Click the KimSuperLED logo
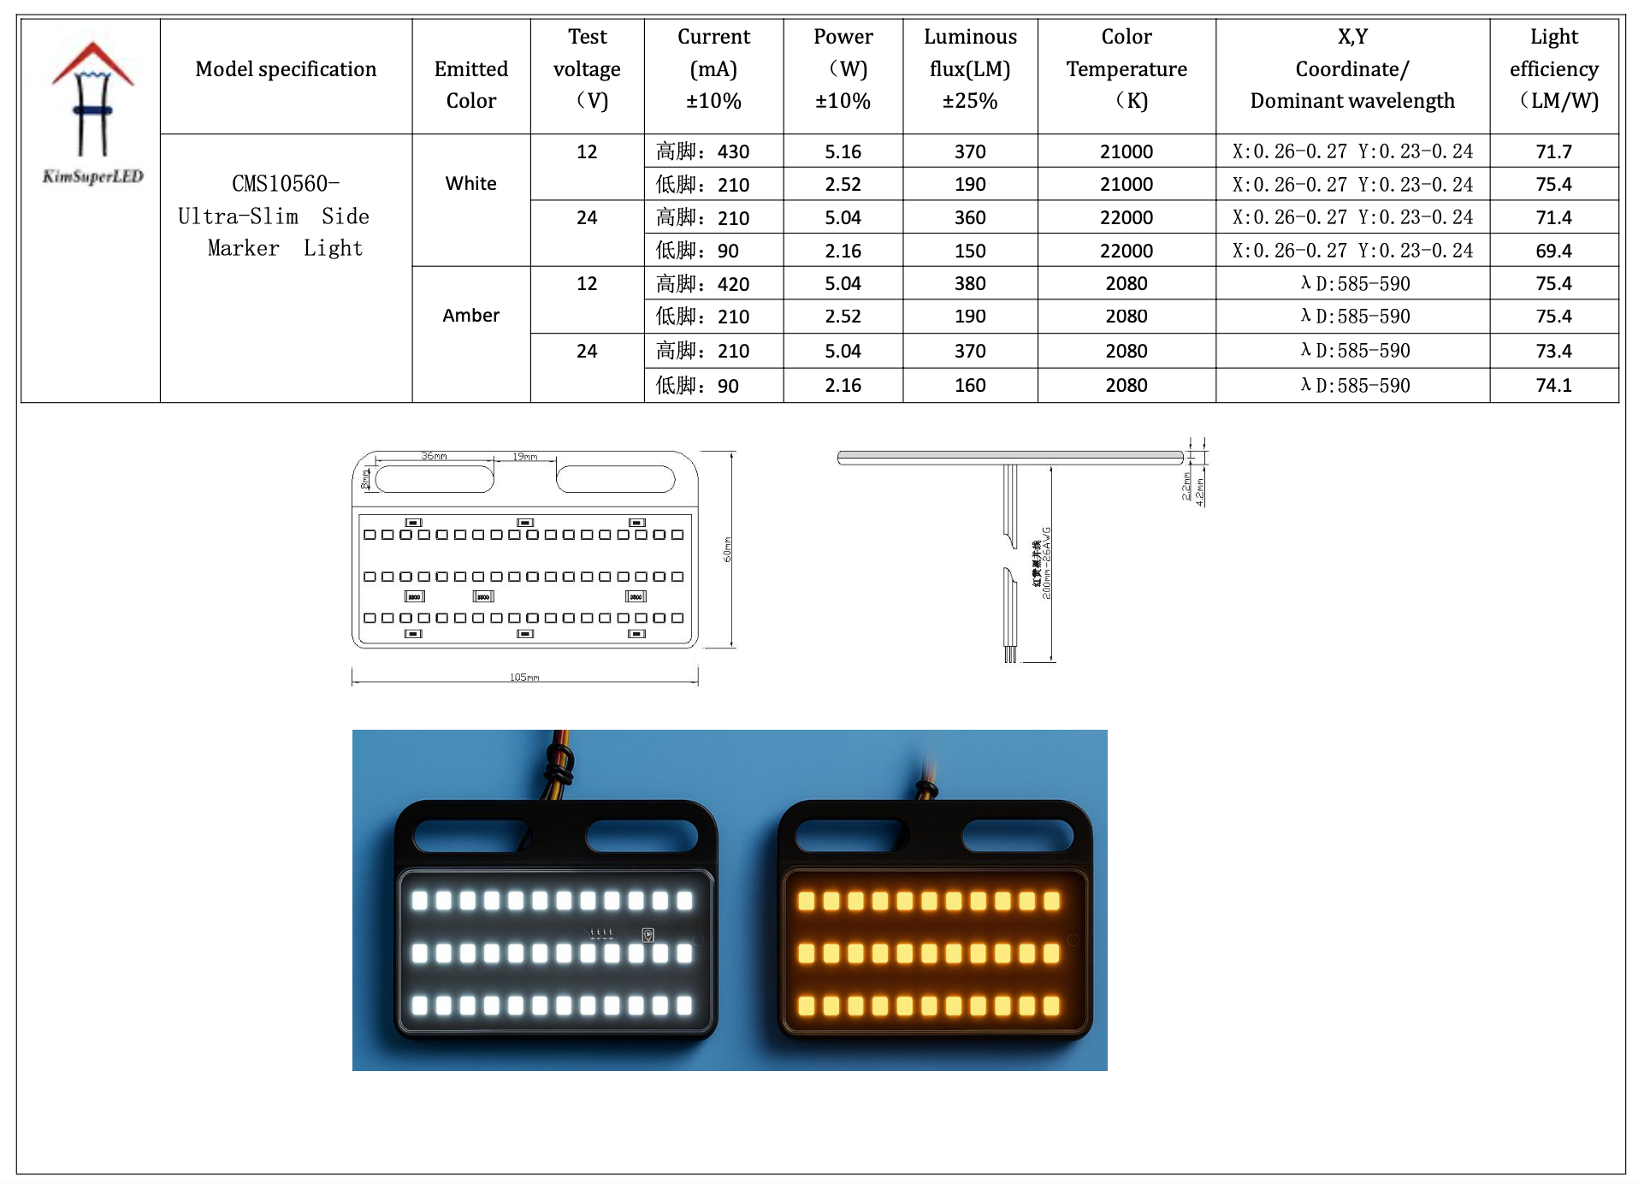pyautogui.click(x=92, y=112)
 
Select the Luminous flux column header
pyautogui.click(x=970, y=69)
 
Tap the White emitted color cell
pyautogui.click(x=470, y=184)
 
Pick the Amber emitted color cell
pyautogui.click(x=470, y=316)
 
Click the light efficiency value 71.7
pyautogui.click(x=1553, y=152)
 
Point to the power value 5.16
pyautogui.click(x=843, y=152)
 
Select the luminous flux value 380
pyautogui.click(x=970, y=284)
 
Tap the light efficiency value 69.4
pyautogui.click(x=1553, y=252)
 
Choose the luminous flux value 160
pyautogui.click(x=970, y=386)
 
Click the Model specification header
pyautogui.click(x=286, y=69)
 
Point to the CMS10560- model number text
pyautogui.click(x=286, y=184)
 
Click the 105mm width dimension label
pyautogui.click(x=524, y=678)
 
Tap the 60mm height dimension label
pyautogui.click(x=728, y=549)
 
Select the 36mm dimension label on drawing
pyautogui.click(x=434, y=457)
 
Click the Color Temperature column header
pyautogui.click(x=1126, y=69)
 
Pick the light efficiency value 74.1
pyautogui.click(x=1553, y=386)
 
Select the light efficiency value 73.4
pyautogui.click(x=1553, y=352)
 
